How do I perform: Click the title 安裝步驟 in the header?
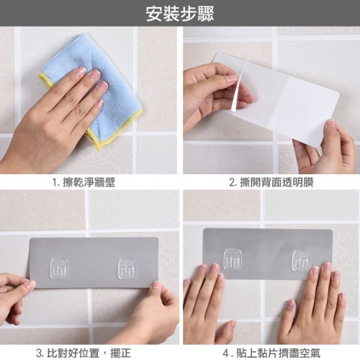tap(180, 14)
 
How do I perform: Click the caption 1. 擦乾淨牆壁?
tap(84, 182)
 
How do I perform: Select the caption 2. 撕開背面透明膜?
tap(271, 182)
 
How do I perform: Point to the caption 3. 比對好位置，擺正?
tap(84, 353)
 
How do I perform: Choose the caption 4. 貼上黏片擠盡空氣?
tap(271, 353)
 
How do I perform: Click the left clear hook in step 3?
tap(59, 268)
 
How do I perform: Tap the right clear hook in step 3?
tap(127, 269)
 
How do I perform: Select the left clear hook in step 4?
tap(233, 258)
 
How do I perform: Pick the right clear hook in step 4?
tap(302, 261)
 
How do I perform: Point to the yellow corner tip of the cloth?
tap(99, 148)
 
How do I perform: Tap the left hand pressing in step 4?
tap(207, 305)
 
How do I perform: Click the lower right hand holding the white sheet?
tap(326, 149)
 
